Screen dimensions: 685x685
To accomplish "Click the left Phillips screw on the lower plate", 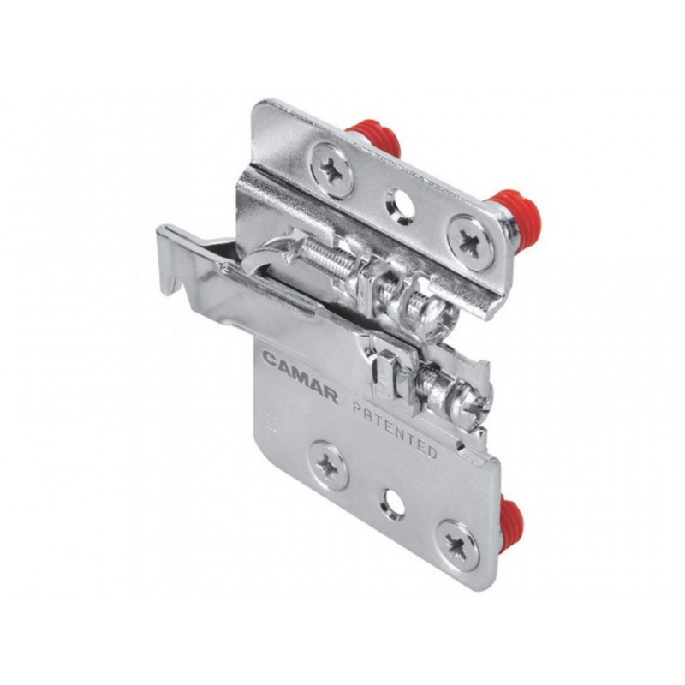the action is (328, 464).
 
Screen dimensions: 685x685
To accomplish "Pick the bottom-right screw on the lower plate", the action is (458, 545).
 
